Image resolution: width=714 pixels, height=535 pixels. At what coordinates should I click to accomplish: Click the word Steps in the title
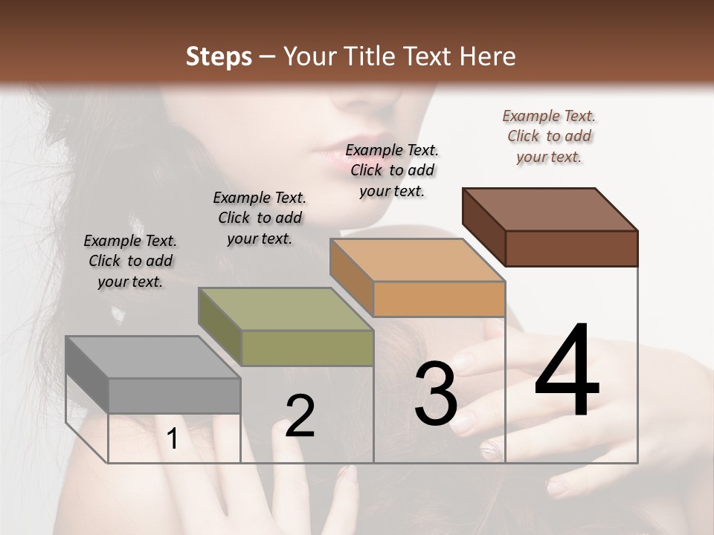219,56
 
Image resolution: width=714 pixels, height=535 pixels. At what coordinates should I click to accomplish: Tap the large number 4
567,372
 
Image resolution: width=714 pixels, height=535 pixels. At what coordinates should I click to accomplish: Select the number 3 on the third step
435,394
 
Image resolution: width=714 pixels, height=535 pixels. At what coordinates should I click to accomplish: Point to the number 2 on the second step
300,416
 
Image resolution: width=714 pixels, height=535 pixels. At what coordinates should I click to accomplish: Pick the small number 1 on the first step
173,439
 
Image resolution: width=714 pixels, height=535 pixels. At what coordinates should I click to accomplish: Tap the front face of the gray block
175,395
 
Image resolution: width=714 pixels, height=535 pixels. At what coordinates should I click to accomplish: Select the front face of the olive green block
307,348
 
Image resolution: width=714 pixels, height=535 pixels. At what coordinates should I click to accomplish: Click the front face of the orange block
440,299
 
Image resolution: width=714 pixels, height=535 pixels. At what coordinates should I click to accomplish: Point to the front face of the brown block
571,248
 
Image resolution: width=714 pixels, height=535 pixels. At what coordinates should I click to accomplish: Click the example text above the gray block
130,261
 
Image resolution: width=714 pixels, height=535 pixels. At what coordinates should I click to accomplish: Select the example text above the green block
260,218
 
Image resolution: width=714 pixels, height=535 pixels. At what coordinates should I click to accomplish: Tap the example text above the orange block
392,170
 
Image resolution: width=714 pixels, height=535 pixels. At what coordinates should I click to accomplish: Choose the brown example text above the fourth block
549,136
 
